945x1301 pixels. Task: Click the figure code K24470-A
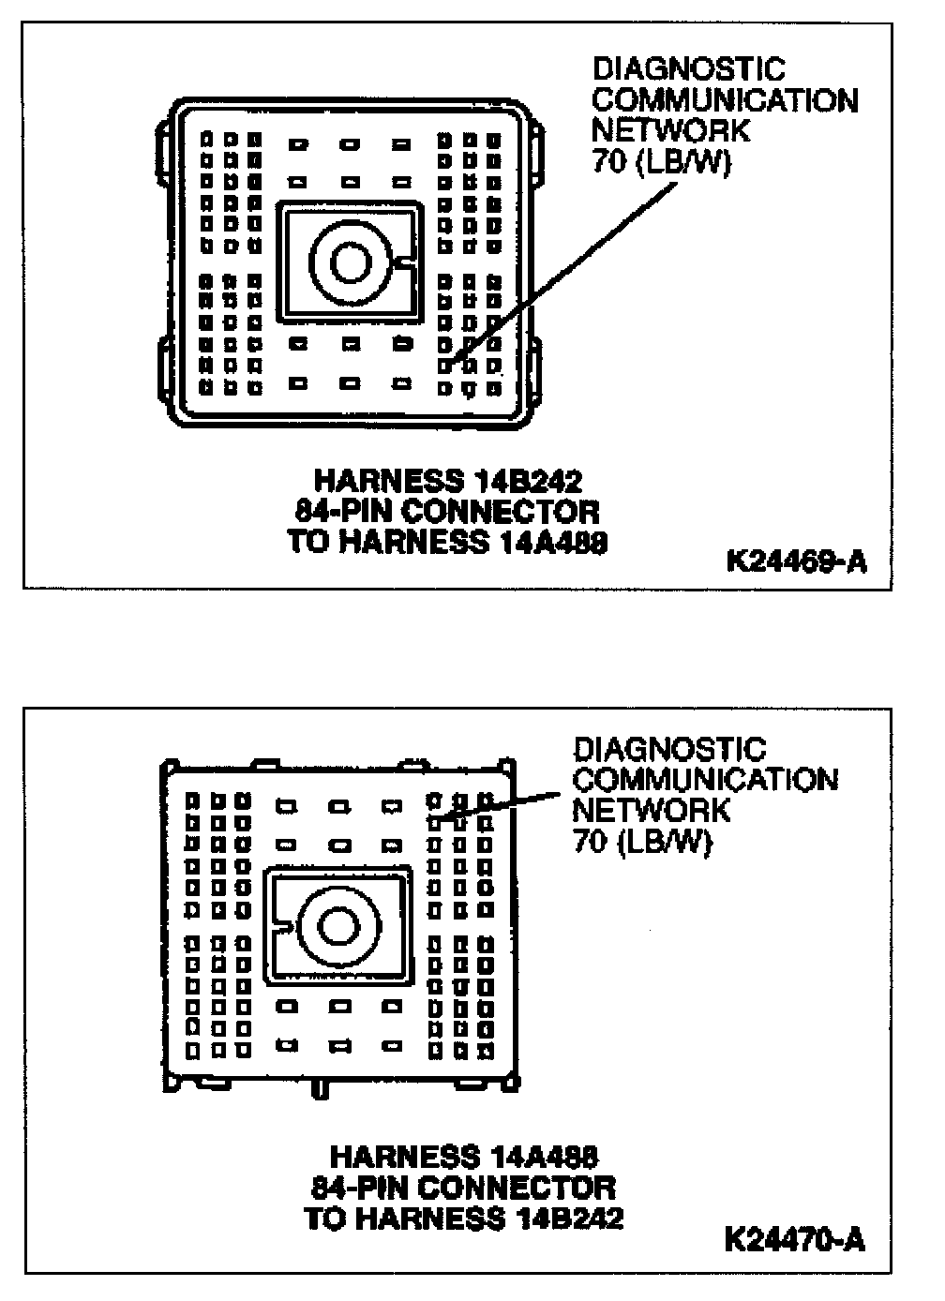[795, 1239]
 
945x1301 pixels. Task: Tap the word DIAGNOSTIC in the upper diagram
[675, 68]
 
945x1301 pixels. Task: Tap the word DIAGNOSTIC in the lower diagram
[669, 749]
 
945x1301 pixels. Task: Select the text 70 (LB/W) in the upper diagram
[660, 161]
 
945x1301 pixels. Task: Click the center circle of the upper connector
[351, 262]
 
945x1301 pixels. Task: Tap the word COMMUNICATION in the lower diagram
[705, 779]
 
